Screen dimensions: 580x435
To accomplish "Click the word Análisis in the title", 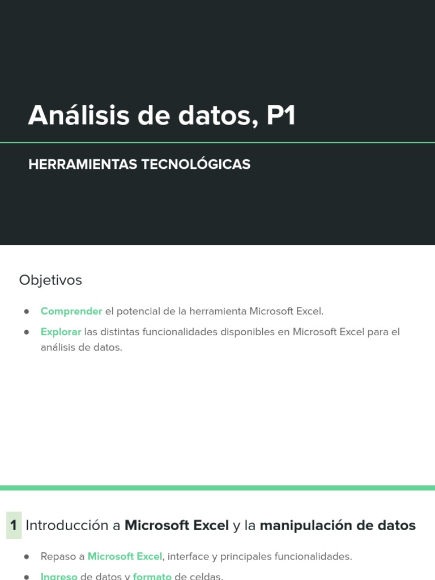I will tap(78, 116).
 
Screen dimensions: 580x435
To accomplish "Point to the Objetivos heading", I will tap(50, 280).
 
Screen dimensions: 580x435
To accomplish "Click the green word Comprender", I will tap(71, 311).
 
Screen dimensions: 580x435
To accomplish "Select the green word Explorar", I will tap(61, 332).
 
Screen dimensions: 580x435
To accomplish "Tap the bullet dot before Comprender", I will tap(27, 312).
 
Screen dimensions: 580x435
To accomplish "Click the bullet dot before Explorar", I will tap(27, 332).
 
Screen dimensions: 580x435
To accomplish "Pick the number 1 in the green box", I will tap(14, 526).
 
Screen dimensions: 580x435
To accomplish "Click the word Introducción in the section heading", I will tap(67, 526).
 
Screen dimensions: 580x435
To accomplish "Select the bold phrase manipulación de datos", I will tap(338, 526).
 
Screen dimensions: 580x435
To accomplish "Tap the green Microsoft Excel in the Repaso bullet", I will tap(125, 557).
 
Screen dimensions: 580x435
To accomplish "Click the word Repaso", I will tap(58, 557).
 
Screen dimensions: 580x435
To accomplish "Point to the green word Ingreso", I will tap(59, 576).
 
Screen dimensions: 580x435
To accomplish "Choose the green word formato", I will tap(152, 576).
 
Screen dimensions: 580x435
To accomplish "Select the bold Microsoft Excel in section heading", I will tap(177, 526).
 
